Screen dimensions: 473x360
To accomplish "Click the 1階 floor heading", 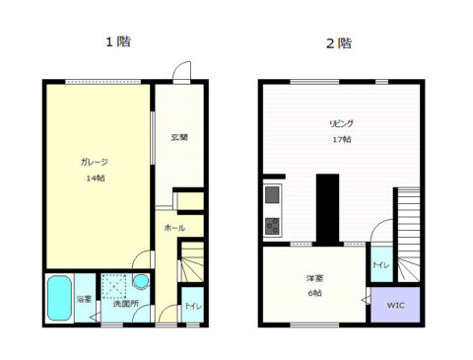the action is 118,41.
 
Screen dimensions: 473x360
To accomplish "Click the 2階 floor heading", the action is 339,43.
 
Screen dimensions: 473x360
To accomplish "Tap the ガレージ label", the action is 95,162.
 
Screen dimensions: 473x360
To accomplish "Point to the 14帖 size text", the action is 96,179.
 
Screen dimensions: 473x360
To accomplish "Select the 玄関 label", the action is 179,137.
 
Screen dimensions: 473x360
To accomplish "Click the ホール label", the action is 174,228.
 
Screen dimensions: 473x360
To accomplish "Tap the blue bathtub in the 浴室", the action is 59,298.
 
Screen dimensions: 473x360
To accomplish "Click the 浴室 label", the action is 84,299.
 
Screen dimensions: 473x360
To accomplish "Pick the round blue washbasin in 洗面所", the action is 141,281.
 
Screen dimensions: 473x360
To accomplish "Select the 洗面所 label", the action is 126,304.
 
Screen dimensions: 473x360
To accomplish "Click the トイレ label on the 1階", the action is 193,306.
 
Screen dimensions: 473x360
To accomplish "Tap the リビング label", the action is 342,123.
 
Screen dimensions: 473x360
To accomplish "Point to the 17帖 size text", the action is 342,139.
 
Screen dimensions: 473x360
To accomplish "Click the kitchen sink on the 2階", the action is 272,194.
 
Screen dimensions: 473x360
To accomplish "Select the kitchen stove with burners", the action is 272,226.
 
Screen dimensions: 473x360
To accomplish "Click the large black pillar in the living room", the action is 327,210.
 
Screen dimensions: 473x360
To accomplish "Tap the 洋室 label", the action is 314,278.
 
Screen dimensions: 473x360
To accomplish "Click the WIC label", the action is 396,305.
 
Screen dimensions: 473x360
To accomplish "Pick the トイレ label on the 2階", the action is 381,265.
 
